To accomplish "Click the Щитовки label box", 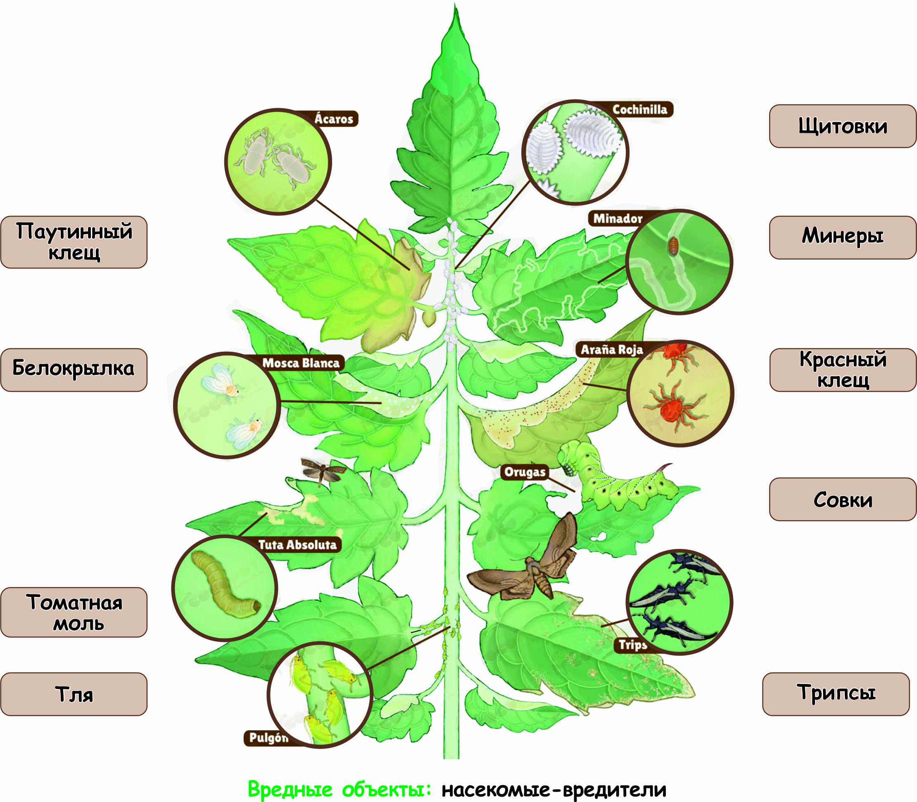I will [842, 126].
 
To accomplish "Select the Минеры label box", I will [842, 237].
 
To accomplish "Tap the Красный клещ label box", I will [842, 370].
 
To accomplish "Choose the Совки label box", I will [842, 499].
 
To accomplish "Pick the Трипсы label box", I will [836, 694].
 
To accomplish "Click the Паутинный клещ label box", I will [74, 242].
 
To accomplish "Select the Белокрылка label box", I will [74, 370].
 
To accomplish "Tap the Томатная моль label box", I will [74, 612].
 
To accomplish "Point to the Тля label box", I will [74, 694].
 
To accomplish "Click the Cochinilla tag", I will [639, 109].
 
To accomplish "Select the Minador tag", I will [618, 218].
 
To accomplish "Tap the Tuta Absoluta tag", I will [297, 545].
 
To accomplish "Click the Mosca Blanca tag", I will [301, 362].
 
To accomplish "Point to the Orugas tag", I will [525, 472].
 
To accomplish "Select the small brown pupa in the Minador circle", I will [673, 245].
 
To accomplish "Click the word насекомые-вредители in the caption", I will [554, 790].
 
